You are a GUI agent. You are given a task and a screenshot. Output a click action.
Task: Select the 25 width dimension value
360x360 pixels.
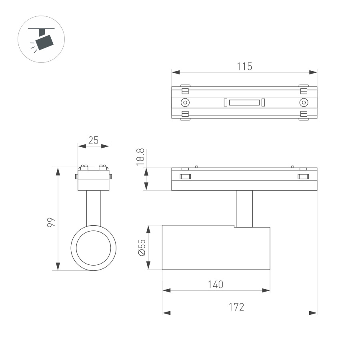[93, 140]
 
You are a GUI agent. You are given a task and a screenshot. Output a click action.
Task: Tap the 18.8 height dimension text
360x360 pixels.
[140, 157]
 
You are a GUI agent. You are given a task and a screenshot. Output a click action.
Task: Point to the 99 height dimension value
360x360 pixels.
[50, 223]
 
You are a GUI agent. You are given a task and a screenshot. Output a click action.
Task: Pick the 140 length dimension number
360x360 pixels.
[216, 284]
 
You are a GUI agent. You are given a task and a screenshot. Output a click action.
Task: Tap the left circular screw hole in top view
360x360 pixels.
[185, 102]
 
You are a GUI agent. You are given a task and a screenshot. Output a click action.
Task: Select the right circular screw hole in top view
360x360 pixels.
[304, 102]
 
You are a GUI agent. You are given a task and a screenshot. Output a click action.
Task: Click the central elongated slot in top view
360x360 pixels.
[244, 102]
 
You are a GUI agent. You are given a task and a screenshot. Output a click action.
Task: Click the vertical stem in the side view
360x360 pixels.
[244, 208]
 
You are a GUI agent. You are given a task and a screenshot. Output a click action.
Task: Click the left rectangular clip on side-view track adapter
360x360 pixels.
[185, 176]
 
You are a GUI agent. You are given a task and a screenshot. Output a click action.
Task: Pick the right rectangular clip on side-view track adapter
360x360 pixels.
[304, 176]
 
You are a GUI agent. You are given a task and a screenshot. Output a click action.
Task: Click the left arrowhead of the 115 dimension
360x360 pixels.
[175, 72]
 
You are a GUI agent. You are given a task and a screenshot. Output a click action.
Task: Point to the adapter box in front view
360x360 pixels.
[94, 180]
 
